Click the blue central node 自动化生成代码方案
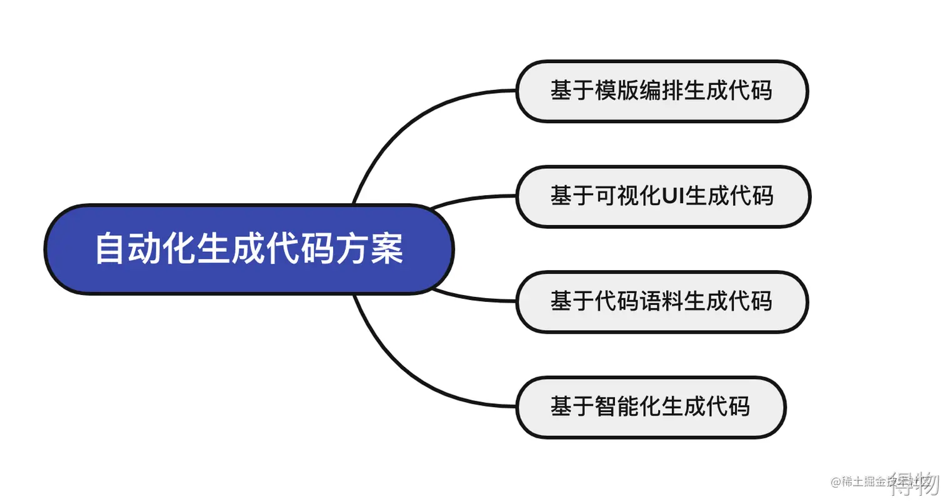[249, 249]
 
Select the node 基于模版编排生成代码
[662, 91]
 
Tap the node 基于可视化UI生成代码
[662, 196]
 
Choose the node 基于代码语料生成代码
[662, 301]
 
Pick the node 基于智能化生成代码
[651, 407]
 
